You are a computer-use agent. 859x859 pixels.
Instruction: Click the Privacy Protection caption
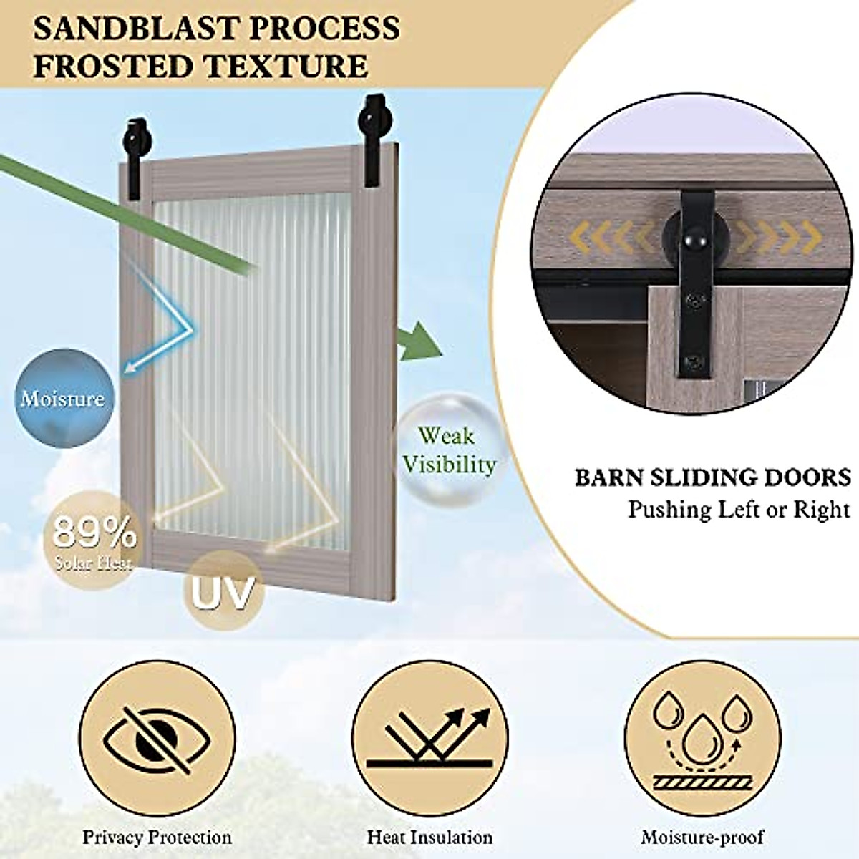[x=157, y=837]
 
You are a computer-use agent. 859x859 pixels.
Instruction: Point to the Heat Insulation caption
[x=429, y=837]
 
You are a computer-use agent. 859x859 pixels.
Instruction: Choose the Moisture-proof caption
[x=702, y=837]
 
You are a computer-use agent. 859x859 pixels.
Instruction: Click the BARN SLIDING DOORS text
[x=712, y=477]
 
